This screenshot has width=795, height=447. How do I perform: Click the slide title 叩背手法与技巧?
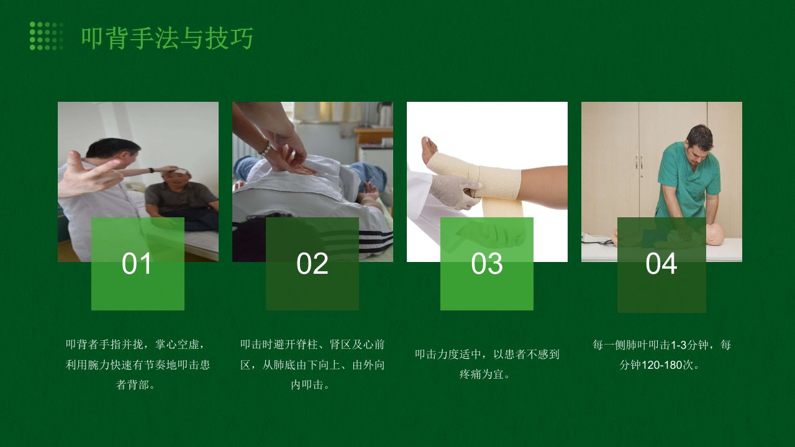tap(167, 38)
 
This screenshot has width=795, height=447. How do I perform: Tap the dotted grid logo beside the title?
tap(47, 36)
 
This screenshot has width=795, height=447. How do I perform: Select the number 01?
tap(137, 264)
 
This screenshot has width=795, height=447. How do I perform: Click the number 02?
tap(312, 264)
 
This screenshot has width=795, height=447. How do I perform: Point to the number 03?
tap(486, 264)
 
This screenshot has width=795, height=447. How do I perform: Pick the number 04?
tap(661, 264)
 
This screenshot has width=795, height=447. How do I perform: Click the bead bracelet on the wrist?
tap(265, 148)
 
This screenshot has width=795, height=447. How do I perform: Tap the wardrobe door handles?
tap(639, 161)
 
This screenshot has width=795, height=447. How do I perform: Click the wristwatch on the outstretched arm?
tap(152, 170)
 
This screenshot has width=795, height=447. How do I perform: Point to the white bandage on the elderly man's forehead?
tap(180, 171)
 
